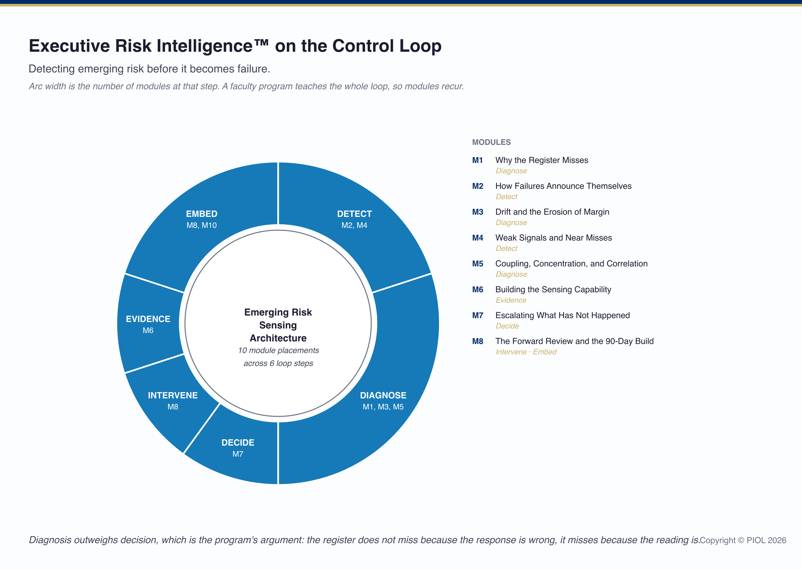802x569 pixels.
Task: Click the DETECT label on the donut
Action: point(354,214)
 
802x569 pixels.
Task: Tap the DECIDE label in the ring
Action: point(238,443)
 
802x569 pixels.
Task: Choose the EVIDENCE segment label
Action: point(148,319)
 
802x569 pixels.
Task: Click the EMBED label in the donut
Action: point(201,214)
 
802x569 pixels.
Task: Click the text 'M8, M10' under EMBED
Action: point(201,225)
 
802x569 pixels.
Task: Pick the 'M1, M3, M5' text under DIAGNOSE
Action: point(383,407)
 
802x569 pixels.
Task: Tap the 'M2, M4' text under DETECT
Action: point(354,225)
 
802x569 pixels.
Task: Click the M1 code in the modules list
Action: point(477,160)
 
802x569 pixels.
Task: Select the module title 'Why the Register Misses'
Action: point(542,160)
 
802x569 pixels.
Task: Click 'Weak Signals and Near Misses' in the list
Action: point(554,238)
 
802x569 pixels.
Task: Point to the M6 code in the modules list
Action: point(478,289)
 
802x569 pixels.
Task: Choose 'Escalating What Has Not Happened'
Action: point(562,315)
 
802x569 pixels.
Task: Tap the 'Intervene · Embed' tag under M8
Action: point(526,352)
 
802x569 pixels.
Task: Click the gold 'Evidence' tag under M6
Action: point(511,300)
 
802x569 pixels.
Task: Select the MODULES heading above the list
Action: point(491,142)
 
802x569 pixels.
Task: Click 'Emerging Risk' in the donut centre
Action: point(278,312)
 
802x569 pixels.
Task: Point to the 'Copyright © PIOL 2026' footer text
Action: point(743,540)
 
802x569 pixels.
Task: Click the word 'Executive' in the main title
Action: point(70,46)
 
